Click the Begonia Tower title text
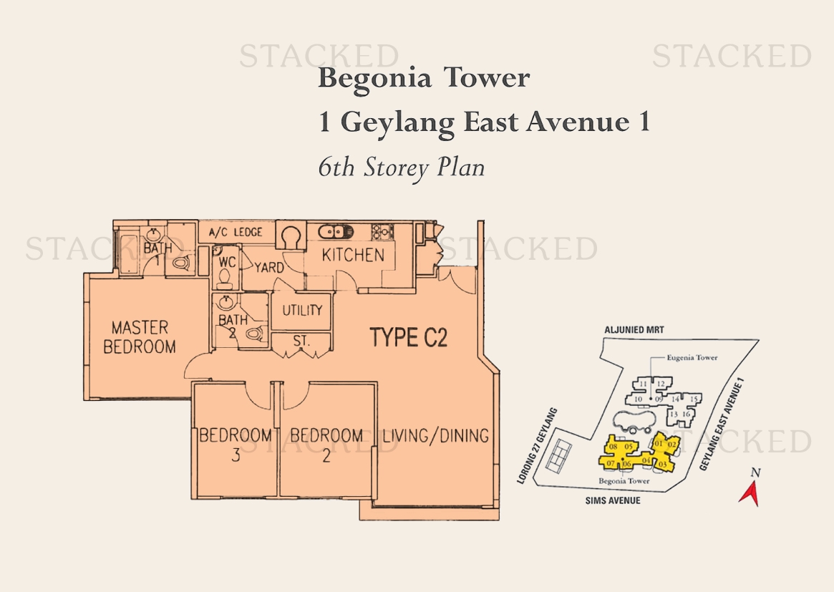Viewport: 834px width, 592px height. pos(424,78)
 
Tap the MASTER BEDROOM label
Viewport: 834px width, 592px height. pos(140,336)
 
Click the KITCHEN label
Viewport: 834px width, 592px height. pos(353,256)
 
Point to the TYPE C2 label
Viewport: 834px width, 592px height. pos(409,338)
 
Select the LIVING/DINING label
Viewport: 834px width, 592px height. pos(436,436)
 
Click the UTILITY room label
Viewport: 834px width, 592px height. pos(302,310)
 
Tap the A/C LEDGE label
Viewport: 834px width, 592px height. pos(236,233)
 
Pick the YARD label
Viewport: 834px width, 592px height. pos(269,267)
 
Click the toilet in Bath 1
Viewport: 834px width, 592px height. pos(181,263)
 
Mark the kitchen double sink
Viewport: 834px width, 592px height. pos(336,232)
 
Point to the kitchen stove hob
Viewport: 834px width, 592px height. pos(382,231)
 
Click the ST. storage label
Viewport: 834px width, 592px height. pos(301,341)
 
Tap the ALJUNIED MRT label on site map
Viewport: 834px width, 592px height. pos(634,330)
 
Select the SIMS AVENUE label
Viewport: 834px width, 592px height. pos(613,500)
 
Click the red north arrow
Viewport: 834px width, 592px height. pos(750,493)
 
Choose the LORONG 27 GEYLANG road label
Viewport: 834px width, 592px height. pos(537,446)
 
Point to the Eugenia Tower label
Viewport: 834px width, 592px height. pos(692,357)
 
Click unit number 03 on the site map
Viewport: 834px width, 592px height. pos(663,465)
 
